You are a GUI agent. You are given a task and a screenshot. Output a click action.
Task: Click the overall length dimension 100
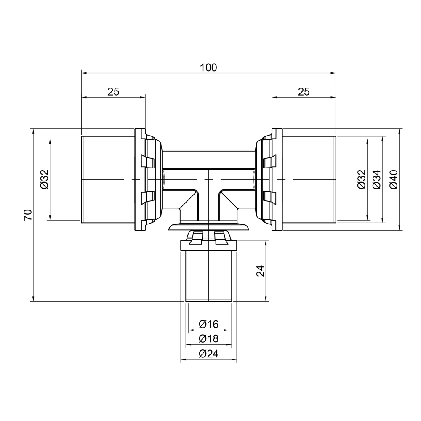point(208,67)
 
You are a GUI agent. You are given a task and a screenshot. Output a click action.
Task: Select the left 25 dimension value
point(113,91)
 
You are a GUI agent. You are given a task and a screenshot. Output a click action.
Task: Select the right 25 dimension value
point(304,91)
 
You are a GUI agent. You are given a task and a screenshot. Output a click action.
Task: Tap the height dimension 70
point(28,215)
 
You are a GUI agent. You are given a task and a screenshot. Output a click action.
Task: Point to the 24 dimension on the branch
point(261,271)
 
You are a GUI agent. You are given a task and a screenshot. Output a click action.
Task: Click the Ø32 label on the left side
point(45,179)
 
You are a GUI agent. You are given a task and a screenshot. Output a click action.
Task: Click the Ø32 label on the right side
point(361,179)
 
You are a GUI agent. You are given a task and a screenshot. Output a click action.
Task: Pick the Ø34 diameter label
point(376,179)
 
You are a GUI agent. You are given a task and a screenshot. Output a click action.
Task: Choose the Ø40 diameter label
point(393,179)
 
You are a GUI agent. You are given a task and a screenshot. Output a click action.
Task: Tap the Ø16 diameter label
point(209,324)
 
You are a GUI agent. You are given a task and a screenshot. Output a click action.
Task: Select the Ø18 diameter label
point(209,338)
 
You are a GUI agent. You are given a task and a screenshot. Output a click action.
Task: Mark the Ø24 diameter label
point(209,354)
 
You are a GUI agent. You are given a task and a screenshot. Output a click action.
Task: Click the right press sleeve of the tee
point(309,179)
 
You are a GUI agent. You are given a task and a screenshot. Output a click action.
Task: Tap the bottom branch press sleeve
point(209,276)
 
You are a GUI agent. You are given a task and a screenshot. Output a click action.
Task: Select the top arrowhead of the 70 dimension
point(32,131)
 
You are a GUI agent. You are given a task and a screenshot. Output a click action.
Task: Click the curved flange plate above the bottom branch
point(209,227)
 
